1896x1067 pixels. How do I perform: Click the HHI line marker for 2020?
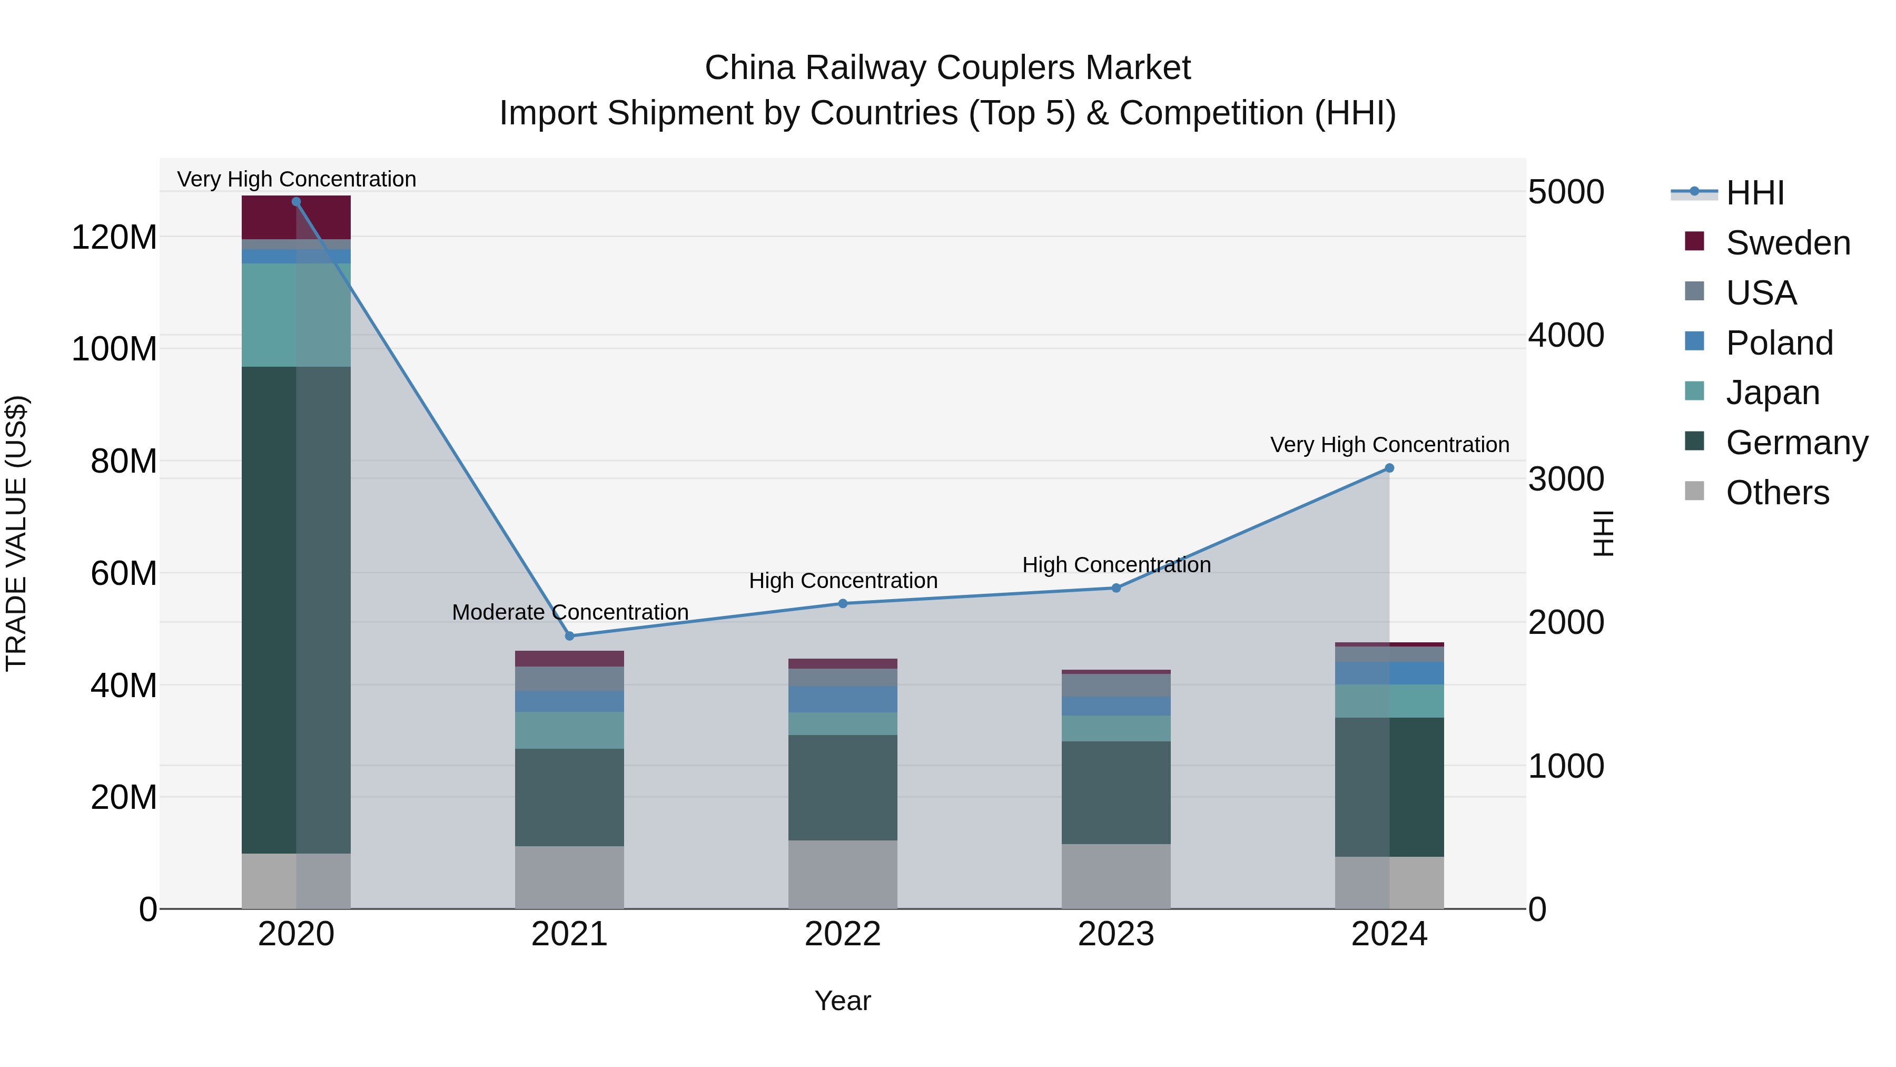tap(296, 202)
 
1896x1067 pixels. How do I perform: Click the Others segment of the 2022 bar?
tap(843, 874)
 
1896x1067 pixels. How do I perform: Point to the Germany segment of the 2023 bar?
tap(1116, 792)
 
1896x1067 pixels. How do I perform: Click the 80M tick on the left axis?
tap(124, 462)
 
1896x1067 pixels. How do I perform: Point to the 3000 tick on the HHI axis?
tap(1566, 479)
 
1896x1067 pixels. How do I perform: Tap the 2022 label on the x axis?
tap(843, 934)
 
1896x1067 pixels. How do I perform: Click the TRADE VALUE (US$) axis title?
tap(16, 533)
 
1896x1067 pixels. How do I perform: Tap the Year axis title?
tap(842, 1001)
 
